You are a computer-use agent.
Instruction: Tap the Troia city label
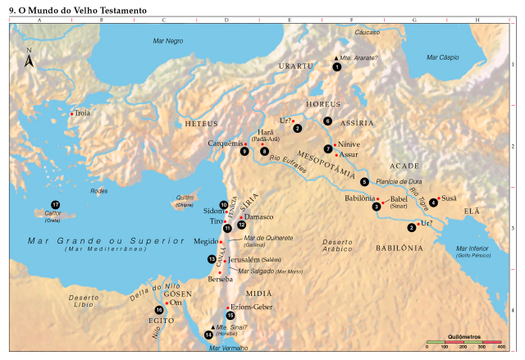(x=82, y=113)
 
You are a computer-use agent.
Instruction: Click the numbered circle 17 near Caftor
(x=55, y=204)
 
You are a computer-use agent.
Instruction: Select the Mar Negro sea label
(x=168, y=40)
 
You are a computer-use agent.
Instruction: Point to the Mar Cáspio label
(x=443, y=57)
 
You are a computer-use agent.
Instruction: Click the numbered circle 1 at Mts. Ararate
(x=336, y=66)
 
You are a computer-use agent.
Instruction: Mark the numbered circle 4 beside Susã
(x=433, y=203)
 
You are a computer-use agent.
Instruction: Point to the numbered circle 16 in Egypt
(x=158, y=309)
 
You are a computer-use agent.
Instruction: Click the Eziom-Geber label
(x=250, y=306)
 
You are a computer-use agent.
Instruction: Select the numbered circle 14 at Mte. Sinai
(x=208, y=335)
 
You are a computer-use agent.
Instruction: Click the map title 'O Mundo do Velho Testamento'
(x=78, y=11)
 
